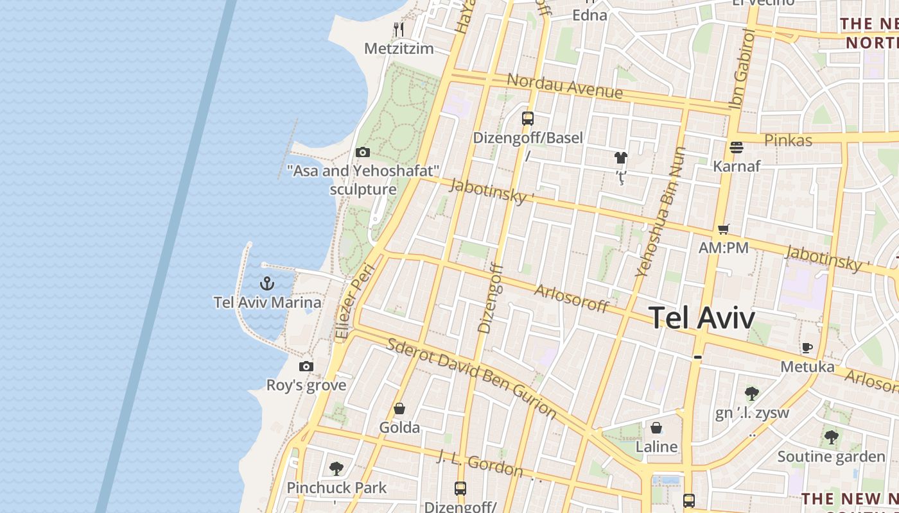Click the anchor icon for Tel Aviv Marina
[266, 283]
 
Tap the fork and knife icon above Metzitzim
[399, 29]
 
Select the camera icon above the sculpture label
[363, 152]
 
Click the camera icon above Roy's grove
[306, 366]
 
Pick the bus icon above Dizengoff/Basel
[528, 118]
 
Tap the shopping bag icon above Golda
[399, 408]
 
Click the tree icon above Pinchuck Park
[336, 469]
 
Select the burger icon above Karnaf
[737, 147]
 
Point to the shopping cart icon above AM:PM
[724, 229]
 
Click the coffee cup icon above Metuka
[807, 348]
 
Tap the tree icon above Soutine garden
[831, 438]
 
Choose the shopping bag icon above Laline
[656, 428]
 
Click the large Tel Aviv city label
[701, 317]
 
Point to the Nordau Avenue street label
[564, 87]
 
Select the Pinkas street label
[788, 140]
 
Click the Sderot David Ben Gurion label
[472, 377]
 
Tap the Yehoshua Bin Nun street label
[661, 212]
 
